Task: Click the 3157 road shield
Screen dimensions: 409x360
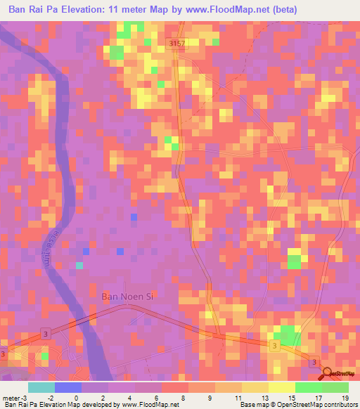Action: coord(179,44)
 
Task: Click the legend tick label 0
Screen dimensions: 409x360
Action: coord(76,398)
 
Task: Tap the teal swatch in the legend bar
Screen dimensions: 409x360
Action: coord(41,387)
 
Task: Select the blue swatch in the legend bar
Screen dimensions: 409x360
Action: coord(68,387)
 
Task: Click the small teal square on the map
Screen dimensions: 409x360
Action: coord(79,265)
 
